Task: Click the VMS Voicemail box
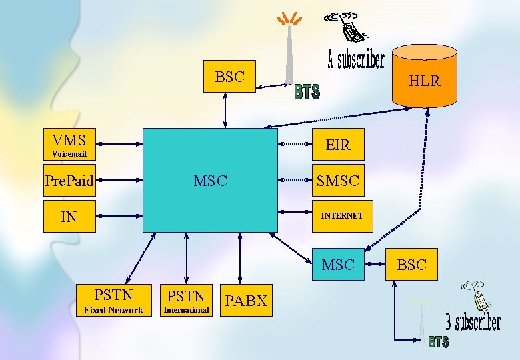(69, 144)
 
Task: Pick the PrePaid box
(69, 180)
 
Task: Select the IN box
(69, 216)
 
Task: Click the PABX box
(246, 301)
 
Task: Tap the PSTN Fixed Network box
(113, 301)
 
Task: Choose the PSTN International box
(186, 301)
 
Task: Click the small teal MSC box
(338, 265)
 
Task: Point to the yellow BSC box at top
(229, 77)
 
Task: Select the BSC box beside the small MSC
(411, 265)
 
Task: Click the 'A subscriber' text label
(356, 61)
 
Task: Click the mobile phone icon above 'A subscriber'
(347, 27)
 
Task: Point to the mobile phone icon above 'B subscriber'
(475, 295)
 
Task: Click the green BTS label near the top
(307, 92)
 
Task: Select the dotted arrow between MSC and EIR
(295, 144)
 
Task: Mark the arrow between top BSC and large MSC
(225, 111)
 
